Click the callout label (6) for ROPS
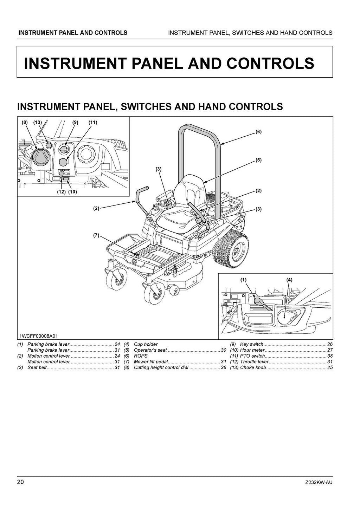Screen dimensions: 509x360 pyautogui.click(x=258, y=132)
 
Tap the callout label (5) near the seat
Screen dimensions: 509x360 pyautogui.click(x=258, y=160)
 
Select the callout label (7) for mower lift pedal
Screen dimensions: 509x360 pyautogui.click(x=96, y=235)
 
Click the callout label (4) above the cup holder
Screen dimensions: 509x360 pyautogui.click(x=289, y=280)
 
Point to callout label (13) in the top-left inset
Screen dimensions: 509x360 pyautogui.click(x=37, y=123)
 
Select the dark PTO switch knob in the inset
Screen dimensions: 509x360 pyautogui.click(x=64, y=162)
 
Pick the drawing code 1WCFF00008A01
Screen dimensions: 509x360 pyautogui.click(x=39, y=336)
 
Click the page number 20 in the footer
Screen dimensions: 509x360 pyautogui.click(x=20, y=482)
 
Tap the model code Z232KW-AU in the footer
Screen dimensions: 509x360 pyautogui.click(x=319, y=482)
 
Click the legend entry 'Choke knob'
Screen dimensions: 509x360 pyautogui.click(x=253, y=368)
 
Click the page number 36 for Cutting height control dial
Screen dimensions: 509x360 pyautogui.click(x=223, y=368)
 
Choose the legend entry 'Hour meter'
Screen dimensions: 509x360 pyautogui.click(x=252, y=350)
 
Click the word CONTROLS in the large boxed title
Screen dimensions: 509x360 pyautogui.click(x=270, y=63)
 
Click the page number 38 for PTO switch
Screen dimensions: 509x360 pyautogui.click(x=329, y=356)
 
